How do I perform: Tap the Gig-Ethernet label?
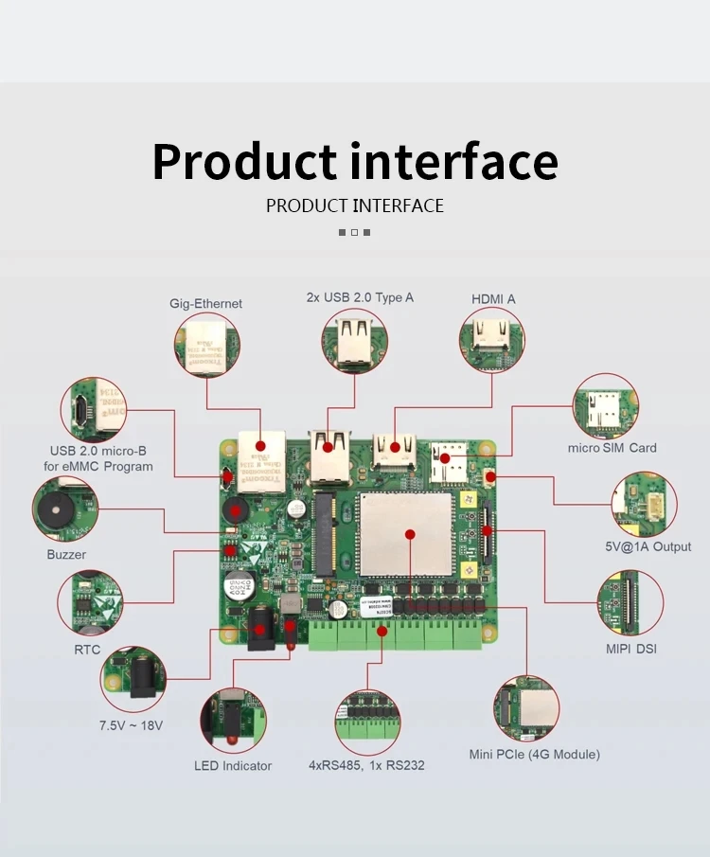click(x=205, y=304)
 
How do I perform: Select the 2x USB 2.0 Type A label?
click(x=360, y=297)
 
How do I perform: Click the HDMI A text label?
click(x=493, y=299)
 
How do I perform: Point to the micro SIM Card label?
click(x=612, y=448)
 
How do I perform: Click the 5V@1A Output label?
click(x=648, y=546)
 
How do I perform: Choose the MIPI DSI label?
click(x=630, y=649)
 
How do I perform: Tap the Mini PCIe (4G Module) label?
click(x=534, y=754)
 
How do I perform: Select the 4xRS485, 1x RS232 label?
click(x=366, y=765)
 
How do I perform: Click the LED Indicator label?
click(x=233, y=765)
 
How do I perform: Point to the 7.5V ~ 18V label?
click(x=132, y=725)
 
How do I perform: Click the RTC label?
click(x=87, y=650)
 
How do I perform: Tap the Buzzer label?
click(x=66, y=554)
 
